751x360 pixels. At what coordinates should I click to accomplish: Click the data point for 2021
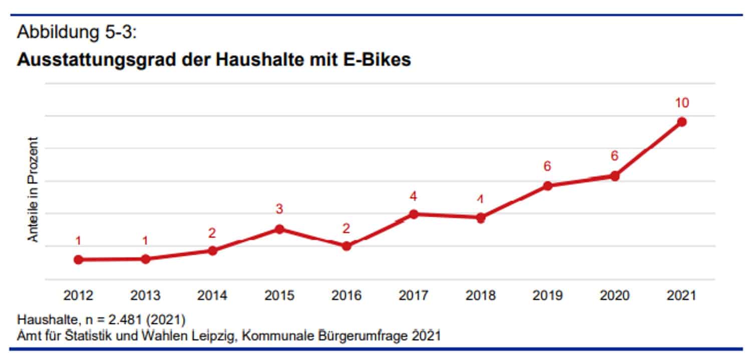681,122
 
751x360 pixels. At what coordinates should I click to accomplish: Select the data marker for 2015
279,229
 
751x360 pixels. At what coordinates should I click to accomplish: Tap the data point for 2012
78,259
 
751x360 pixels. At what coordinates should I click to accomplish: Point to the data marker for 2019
548,186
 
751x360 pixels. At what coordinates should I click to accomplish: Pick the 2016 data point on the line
346,246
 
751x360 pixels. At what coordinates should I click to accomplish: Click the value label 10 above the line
681,103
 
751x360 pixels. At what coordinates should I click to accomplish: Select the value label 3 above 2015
279,209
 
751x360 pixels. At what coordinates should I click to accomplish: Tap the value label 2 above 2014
212,232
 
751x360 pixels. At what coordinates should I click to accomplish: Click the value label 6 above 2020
615,156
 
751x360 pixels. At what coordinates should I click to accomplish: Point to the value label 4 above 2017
414,197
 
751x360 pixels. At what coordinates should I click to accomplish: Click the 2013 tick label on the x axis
145,295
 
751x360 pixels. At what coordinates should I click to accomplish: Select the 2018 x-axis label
480,295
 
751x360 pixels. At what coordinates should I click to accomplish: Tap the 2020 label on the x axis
614,295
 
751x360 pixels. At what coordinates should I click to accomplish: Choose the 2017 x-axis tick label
414,295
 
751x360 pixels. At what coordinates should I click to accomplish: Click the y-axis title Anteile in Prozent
33,189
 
